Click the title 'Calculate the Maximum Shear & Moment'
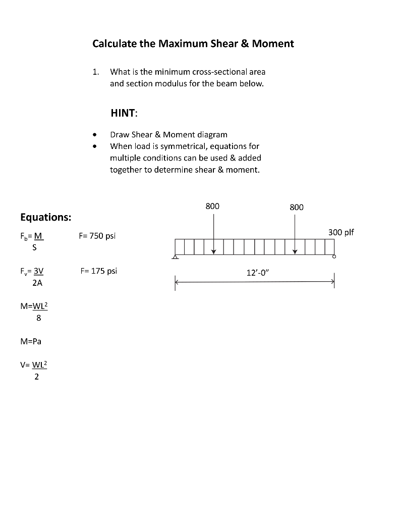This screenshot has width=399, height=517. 193,43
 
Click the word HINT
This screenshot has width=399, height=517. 124,114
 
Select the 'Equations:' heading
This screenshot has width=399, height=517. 45,217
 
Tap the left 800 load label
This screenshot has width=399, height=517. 213,206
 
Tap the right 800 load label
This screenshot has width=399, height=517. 297,207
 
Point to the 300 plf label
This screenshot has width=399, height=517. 341,232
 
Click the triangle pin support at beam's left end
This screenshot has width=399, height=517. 175,257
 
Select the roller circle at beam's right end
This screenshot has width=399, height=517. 334,257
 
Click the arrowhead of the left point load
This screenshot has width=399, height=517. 213,251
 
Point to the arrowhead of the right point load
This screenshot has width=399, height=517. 296,251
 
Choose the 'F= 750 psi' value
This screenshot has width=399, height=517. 97,236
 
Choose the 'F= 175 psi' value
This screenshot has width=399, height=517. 98,271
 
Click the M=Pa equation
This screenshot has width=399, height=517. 31,341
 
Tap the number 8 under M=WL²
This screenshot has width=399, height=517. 39,319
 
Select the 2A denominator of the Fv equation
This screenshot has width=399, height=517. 37,283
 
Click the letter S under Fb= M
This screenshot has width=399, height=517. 36,248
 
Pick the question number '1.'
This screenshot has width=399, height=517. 96,72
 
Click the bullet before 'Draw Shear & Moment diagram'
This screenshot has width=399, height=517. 94,135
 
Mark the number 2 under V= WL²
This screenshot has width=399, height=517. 36,376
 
